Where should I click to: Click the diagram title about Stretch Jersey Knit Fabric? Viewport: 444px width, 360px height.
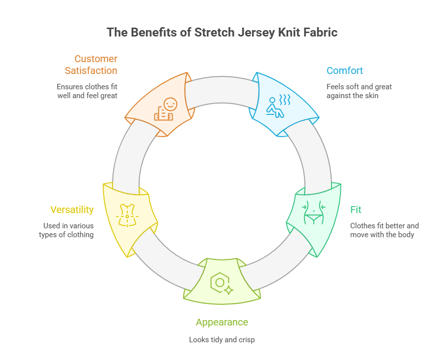(x=222, y=33)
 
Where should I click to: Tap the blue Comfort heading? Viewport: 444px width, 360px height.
(x=344, y=71)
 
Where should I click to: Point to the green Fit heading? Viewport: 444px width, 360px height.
(x=356, y=210)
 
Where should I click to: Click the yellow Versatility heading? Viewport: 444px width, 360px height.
(x=72, y=210)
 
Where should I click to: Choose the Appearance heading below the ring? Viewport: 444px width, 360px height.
(x=222, y=323)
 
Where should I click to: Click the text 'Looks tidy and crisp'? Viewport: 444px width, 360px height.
(x=222, y=340)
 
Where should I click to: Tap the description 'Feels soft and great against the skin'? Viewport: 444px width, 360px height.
(x=359, y=91)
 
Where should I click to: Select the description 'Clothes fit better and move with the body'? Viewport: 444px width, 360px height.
(x=384, y=230)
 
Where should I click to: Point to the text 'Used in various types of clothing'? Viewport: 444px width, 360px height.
(x=67, y=230)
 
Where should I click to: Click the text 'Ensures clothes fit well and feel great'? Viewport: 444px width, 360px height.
(x=87, y=91)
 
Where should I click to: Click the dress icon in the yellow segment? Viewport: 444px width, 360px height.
(x=127, y=213)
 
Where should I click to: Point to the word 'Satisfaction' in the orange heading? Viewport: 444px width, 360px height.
(x=91, y=71)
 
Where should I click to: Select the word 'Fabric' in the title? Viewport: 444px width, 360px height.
(x=321, y=33)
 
